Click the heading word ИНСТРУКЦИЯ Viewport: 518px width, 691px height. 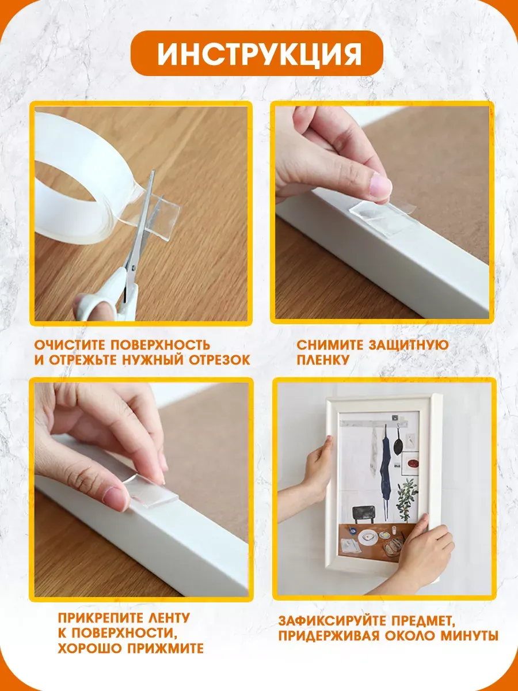coord(259,54)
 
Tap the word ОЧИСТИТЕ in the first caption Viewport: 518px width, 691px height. coord(70,345)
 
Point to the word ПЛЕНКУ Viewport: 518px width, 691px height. coord(323,360)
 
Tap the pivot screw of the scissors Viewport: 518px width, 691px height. coord(134,268)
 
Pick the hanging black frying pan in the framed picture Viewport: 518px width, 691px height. coord(398,439)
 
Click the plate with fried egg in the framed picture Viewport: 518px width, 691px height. coord(368,537)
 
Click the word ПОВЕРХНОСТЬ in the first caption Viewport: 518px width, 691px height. coord(160,345)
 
